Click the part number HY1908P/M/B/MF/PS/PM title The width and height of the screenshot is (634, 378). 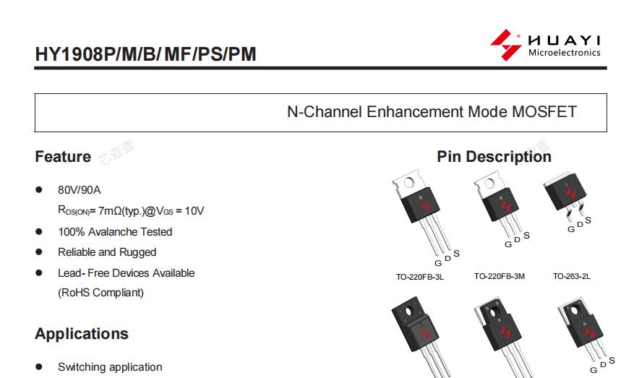[145, 54]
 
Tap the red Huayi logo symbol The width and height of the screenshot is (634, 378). [505, 45]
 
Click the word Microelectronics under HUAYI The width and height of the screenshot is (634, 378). [564, 53]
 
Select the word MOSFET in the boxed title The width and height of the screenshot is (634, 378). [544, 111]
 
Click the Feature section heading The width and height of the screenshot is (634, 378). [63, 156]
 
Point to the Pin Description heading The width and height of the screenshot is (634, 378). [494, 156]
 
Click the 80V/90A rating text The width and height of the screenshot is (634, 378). [80, 190]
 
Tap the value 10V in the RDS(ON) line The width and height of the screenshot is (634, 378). [194, 210]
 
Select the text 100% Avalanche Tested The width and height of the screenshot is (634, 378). [115, 232]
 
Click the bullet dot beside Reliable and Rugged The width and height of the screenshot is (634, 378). [39, 252]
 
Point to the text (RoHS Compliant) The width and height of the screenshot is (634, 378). [100, 293]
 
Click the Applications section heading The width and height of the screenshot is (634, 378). [82, 334]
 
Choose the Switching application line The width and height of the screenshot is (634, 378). [110, 367]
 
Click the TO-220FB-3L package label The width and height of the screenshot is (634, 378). [420, 277]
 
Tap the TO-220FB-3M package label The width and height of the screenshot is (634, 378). [500, 276]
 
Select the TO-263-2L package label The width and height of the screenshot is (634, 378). [572, 276]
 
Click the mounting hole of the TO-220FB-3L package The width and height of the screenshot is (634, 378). [408, 183]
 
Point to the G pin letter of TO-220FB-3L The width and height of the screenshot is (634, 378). [438, 263]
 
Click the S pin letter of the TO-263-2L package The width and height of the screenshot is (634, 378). [588, 220]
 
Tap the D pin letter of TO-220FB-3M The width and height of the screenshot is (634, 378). [517, 240]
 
